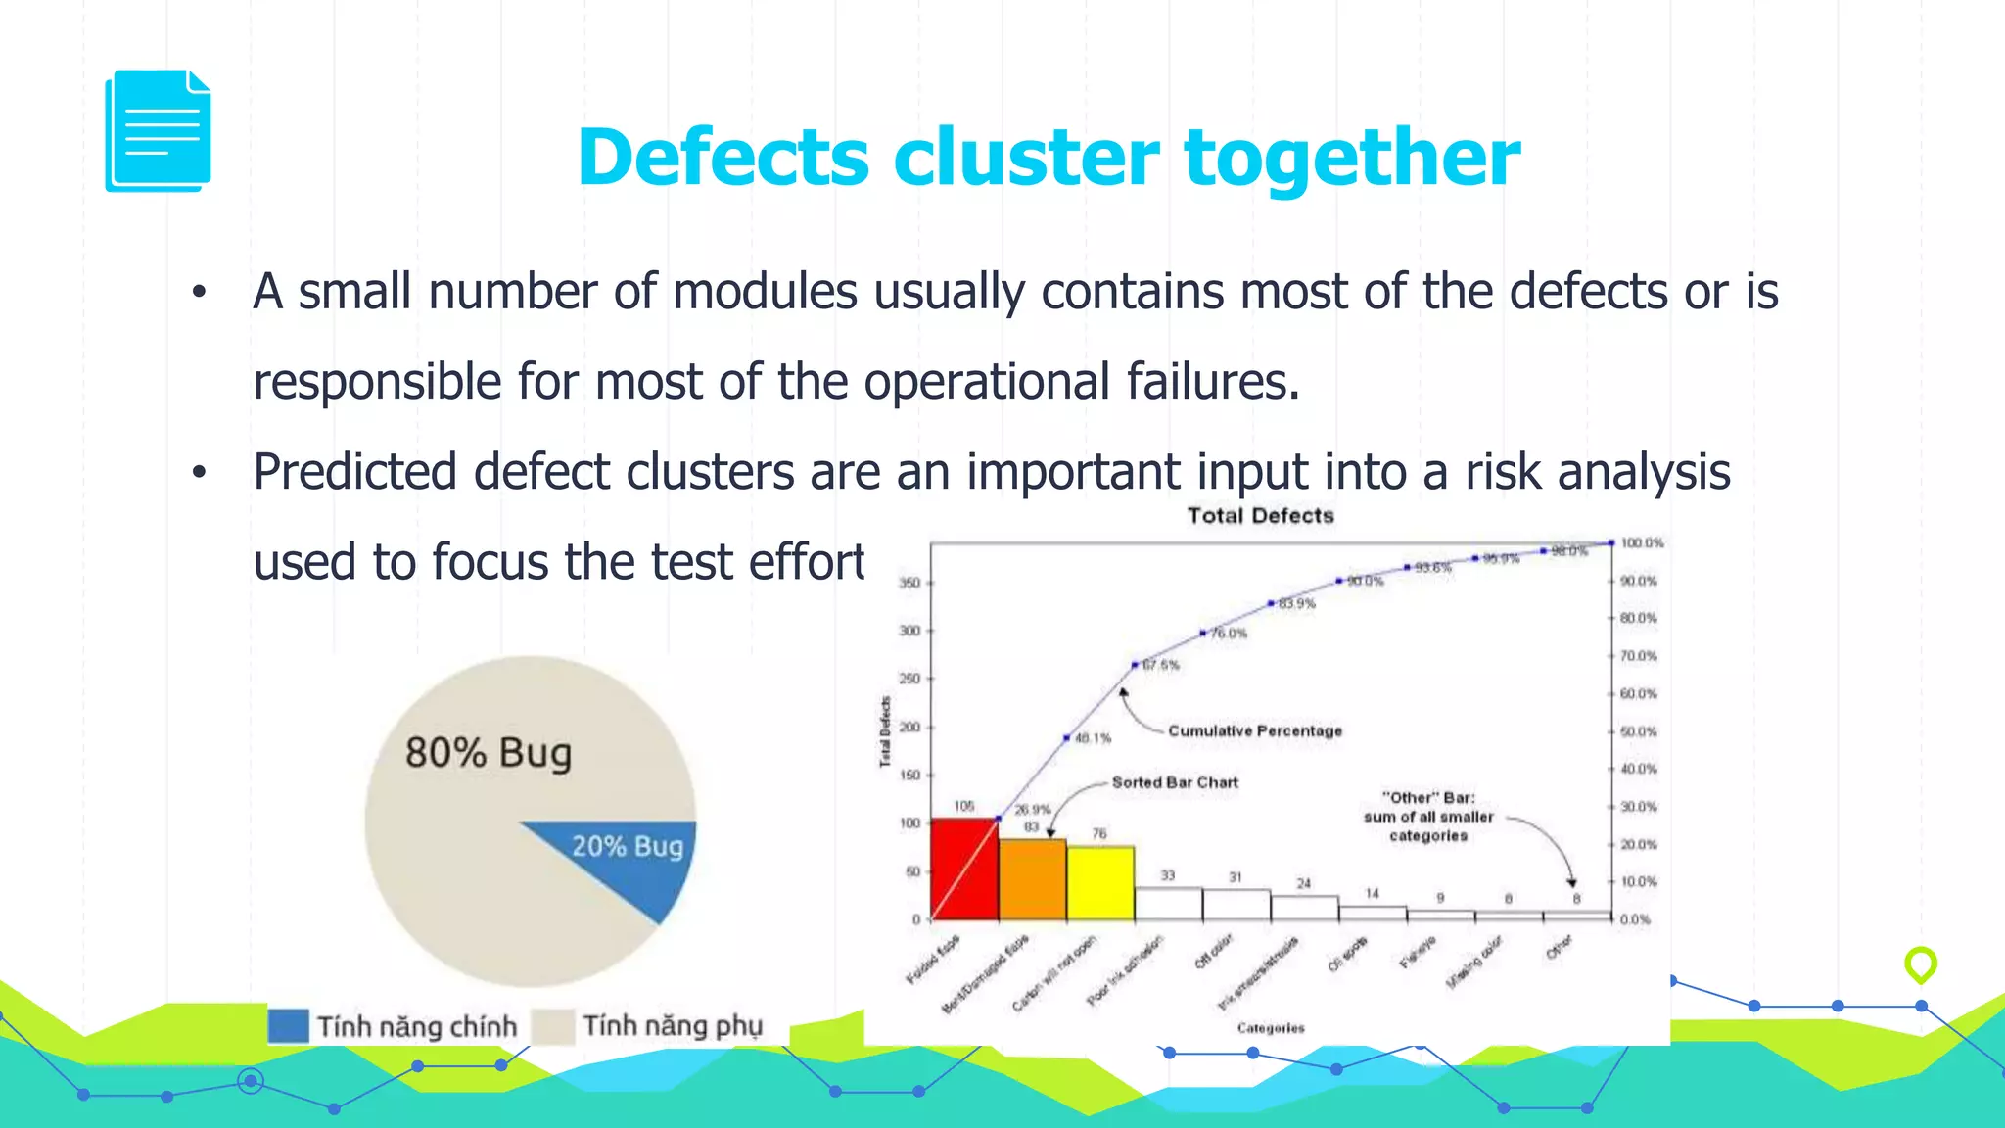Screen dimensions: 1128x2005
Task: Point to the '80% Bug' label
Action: click(488, 753)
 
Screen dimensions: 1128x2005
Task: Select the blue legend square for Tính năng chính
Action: click(288, 1026)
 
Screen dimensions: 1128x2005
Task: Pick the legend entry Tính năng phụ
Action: click(672, 1026)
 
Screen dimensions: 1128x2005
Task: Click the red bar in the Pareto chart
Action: click(963, 869)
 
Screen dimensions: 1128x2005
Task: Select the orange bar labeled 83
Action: click(1032, 879)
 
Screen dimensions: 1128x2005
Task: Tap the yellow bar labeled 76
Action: click(1100, 883)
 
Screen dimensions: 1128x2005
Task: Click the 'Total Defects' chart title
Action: click(1260, 516)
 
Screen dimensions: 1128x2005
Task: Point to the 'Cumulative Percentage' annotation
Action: click(1254, 731)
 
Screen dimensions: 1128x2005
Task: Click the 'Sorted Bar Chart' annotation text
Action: click(1175, 782)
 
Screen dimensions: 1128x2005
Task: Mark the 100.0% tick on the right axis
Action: click(1642, 543)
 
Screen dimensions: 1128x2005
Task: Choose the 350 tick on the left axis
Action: click(909, 584)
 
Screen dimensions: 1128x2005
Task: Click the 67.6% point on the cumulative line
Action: click(1135, 665)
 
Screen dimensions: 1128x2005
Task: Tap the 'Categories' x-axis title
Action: click(1270, 1028)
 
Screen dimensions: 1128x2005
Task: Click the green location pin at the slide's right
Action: click(1920, 964)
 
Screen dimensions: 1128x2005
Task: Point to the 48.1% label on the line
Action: click(1092, 738)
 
